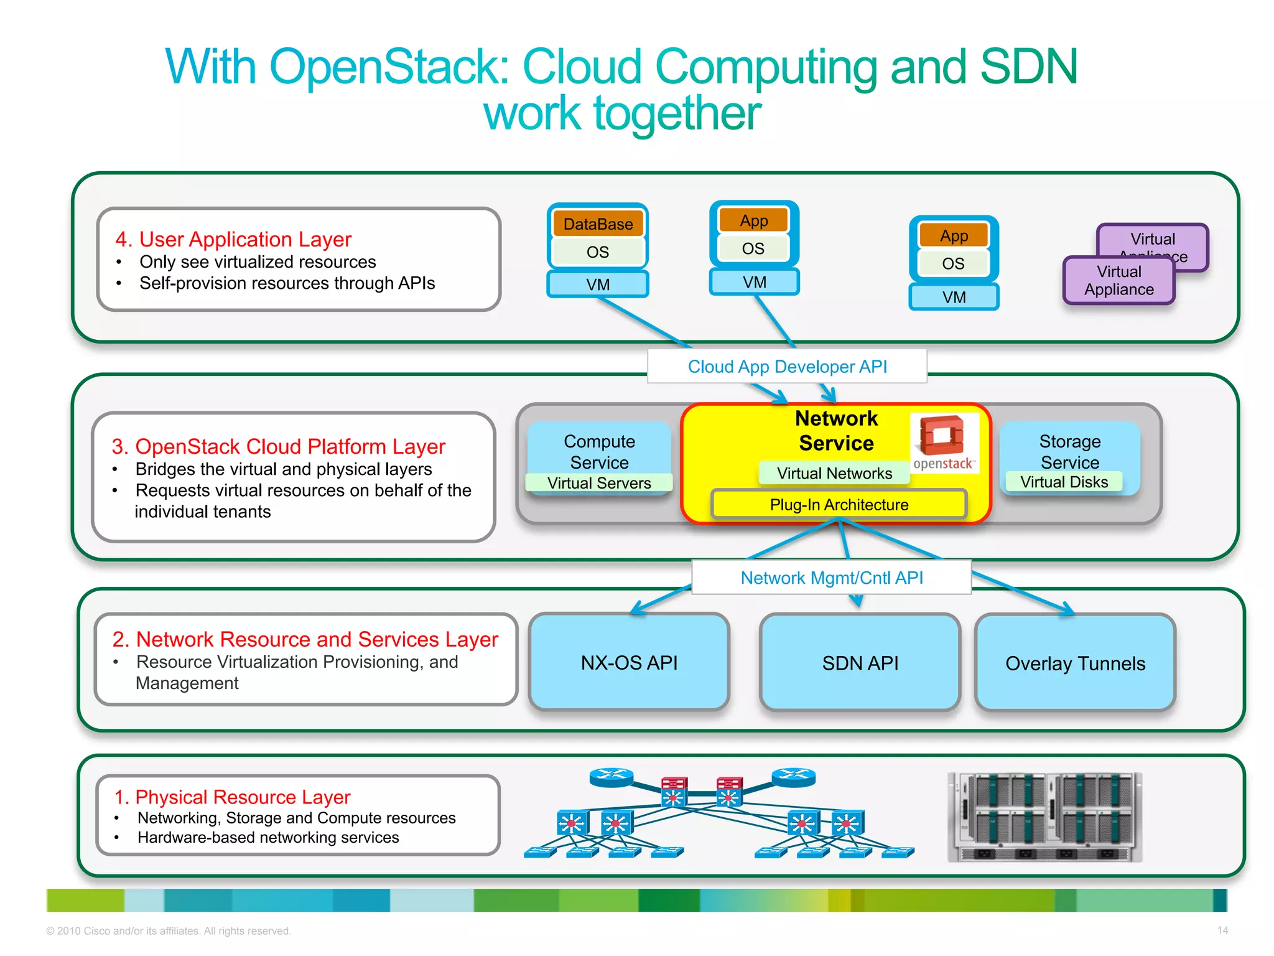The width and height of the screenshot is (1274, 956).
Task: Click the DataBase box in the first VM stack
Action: pyautogui.click(x=598, y=224)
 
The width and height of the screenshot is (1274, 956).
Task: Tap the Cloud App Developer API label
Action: pyautogui.click(x=787, y=367)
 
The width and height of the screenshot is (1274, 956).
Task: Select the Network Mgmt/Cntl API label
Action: pyautogui.click(x=831, y=578)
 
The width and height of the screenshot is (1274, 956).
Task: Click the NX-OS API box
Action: pyautogui.click(x=629, y=662)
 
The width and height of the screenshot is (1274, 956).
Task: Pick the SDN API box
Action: pyautogui.click(x=860, y=663)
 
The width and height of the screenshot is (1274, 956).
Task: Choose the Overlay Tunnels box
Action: pyautogui.click(x=1075, y=663)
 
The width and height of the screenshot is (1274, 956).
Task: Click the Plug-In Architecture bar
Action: pyautogui.click(x=839, y=504)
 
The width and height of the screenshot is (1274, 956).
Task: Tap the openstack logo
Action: pyautogui.click(x=944, y=443)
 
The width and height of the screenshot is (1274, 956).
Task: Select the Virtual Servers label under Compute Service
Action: pyautogui.click(x=599, y=483)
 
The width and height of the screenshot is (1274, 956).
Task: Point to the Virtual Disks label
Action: pyautogui.click(x=1064, y=482)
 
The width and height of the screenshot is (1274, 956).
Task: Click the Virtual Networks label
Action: pyautogui.click(x=834, y=473)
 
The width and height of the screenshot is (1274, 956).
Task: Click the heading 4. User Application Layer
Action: pyautogui.click(x=234, y=239)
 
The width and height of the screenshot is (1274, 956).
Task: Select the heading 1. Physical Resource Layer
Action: pyautogui.click(x=233, y=797)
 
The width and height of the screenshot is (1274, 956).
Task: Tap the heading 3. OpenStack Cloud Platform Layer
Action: pyautogui.click(x=279, y=446)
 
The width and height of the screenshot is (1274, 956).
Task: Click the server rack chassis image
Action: pyautogui.click(x=1044, y=817)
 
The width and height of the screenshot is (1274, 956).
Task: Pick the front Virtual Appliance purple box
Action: pyautogui.click(x=1118, y=281)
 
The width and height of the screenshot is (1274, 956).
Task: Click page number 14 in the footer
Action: pyautogui.click(x=1222, y=930)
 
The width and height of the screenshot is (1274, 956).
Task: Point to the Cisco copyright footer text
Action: pyautogui.click(x=169, y=931)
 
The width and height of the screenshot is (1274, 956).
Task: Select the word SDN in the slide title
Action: pyautogui.click(x=1028, y=67)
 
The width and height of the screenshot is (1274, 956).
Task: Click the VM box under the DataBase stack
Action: pyautogui.click(x=598, y=284)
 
